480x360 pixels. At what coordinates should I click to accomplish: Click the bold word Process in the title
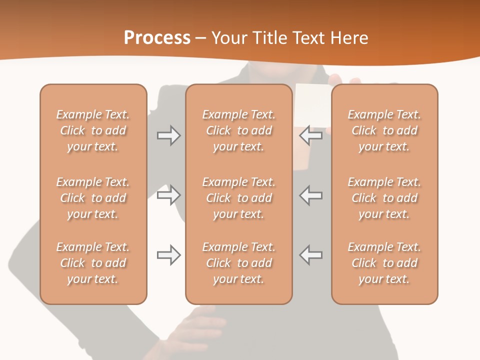(157, 38)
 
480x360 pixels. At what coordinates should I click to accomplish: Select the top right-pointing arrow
(168, 135)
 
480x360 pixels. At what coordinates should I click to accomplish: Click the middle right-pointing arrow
(168, 195)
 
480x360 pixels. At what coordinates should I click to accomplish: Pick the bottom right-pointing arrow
(168, 255)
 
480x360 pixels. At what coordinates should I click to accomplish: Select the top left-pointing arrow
(311, 135)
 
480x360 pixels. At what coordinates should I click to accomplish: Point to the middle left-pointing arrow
(311, 195)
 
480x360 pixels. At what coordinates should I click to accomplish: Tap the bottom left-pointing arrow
(311, 255)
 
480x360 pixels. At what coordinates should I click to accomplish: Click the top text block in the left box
(93, 130)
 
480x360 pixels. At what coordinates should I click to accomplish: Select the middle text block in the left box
(93, 198)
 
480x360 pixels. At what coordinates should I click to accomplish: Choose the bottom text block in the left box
(93, 263)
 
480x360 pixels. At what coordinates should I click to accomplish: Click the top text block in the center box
(238, 130)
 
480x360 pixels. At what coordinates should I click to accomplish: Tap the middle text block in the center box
(238, 198)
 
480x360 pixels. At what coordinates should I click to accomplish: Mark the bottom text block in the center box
(238, 263)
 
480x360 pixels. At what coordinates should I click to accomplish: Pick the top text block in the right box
(384, 130)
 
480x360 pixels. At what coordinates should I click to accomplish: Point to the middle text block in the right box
(384, 198)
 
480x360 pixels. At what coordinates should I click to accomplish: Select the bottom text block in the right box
(384, 263)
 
